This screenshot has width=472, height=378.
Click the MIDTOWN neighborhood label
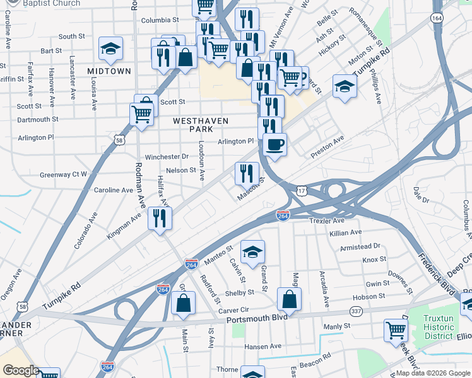[x=110, y=71]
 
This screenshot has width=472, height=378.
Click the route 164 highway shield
[x=437, y=18]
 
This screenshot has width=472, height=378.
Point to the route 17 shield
[x=302, y=190]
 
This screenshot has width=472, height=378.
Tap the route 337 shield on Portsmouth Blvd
[x=356, y=312]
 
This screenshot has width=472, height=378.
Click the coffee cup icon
[x=274, y=145]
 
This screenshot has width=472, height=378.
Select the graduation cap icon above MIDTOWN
[x=110, y=49]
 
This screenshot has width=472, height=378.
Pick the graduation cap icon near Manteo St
[x=252, y=252]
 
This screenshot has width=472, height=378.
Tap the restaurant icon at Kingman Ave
[x=160, y=218]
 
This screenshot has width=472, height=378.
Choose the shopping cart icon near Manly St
[x=396, y=329]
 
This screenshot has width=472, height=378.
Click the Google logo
[x=21, y=370]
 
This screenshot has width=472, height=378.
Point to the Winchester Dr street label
[x=167, y=156]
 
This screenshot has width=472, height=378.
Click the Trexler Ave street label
[x=327, y=221]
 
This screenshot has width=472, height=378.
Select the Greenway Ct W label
[x=63, y=175]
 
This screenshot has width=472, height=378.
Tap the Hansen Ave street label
[x=263, y=346]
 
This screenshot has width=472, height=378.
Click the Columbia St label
[x=156, y=20]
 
